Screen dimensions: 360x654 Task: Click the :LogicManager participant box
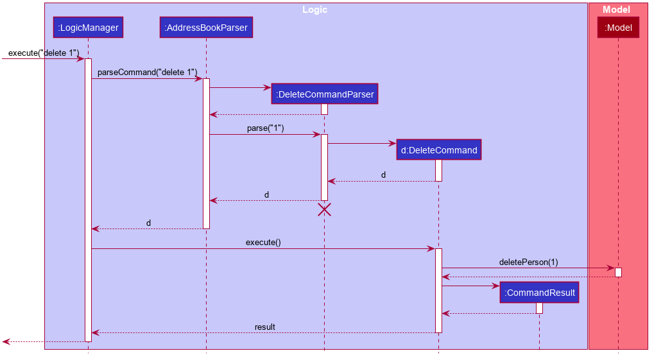[x=88, y=28]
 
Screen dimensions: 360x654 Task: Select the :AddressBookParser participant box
[x=206, y=28]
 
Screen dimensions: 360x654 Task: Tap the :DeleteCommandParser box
[x=324, y=94]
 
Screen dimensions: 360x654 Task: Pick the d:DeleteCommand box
[x=439, y=150]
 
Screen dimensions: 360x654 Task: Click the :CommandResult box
[x=539, y=293]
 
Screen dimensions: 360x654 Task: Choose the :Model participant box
[x=618, y=28]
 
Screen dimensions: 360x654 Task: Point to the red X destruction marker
[x=324, y=209]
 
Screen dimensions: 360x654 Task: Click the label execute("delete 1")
[x=44, y=53]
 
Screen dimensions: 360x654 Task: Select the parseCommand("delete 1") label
[x=147, y=73]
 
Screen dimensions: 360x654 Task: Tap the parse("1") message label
[x=265, y=128]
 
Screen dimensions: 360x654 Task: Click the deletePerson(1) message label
[x=528, y=262]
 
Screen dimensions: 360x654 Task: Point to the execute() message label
[x=263, y=243]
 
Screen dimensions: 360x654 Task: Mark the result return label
[x=264, y=327]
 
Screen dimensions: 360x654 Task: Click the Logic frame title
[x=315, y=10]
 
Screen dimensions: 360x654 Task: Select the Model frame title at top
[x=616, y=10]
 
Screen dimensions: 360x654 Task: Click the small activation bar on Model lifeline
[x=618, y=272]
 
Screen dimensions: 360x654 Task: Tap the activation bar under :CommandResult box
[x=539, y=308]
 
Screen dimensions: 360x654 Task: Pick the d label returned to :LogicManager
[x=148, y=223]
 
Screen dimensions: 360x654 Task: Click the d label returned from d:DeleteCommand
[x=383, y=175]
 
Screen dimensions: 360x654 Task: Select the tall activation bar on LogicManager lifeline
[x=88, y=200]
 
